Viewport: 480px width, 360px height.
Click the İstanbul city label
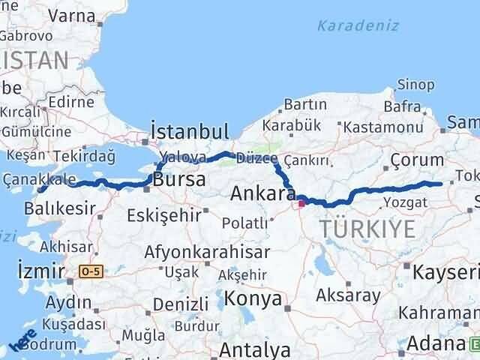coord(189,131)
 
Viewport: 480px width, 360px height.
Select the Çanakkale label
coord(39,178)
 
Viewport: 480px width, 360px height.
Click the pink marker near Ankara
coord(301,202)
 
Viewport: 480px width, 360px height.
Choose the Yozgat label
coord(405,202)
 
